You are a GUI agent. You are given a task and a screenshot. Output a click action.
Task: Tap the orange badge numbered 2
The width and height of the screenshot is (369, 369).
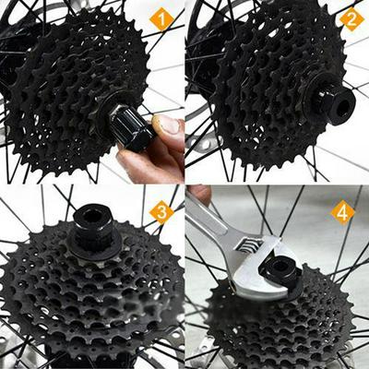tap(350, 18)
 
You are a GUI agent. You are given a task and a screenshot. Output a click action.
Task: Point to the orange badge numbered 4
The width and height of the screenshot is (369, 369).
tap(342, 213)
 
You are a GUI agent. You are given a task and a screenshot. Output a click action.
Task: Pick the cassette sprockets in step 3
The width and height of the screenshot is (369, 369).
tap(92, 295)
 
